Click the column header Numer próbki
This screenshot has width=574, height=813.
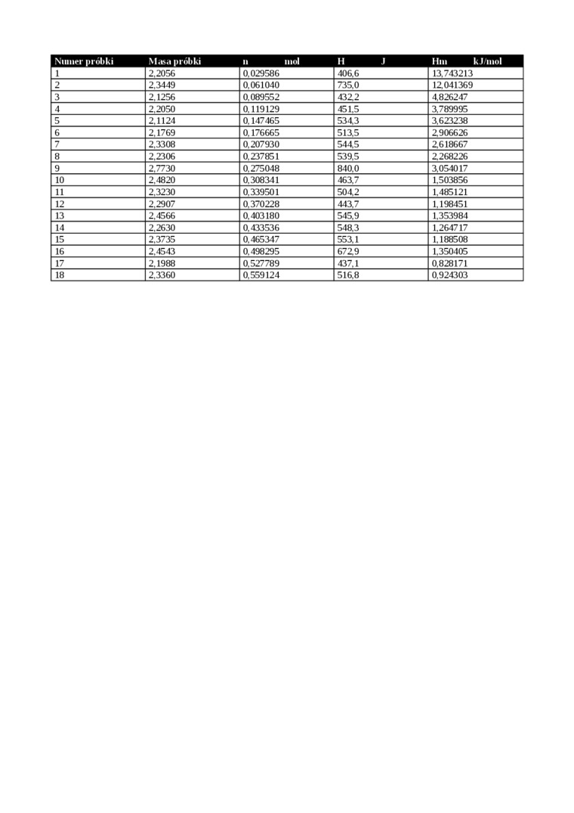(x=83, y=61)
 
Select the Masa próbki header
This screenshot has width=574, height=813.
(x=174, y=61)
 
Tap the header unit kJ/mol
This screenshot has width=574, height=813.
(x=487, y=61)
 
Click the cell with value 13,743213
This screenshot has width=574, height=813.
(x=452, y=73)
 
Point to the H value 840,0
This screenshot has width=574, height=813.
(x=347, y=168)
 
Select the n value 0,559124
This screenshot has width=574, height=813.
(x=261, y=275)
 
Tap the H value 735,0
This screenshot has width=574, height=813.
(x=347, y=85)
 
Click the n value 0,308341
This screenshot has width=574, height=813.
(x=261, y=180)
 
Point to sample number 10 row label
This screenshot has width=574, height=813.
(x=60, y=180)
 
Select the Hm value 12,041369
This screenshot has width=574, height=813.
(x=452, y=85)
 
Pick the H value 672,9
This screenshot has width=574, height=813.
(x=347, y=251)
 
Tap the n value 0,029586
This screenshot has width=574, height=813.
(x=261, y=73)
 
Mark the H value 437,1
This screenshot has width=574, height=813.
(x=347, y=263)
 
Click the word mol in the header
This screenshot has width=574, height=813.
(x=292, y=61)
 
